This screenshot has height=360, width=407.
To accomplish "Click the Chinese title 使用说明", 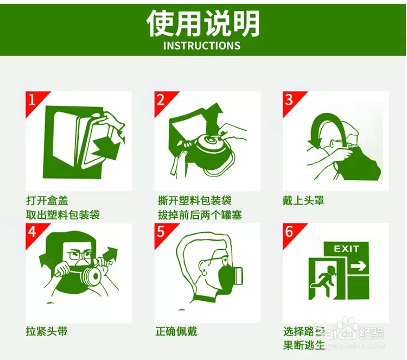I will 203,23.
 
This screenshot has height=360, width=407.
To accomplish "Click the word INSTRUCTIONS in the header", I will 202,46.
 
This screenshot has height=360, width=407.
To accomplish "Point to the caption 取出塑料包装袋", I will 62,214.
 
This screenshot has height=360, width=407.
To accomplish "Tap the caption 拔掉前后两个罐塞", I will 199,214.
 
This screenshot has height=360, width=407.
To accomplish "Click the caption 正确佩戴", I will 174,331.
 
